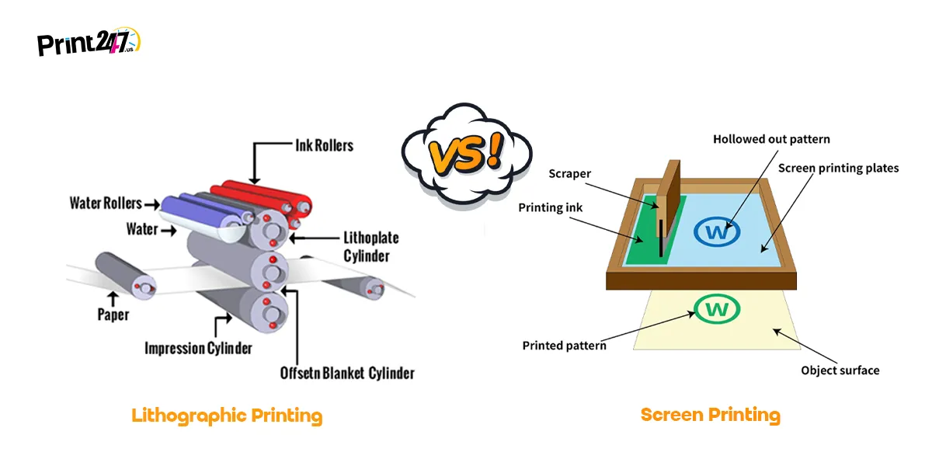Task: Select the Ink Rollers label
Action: [324, 145]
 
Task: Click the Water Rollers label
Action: [106, 203]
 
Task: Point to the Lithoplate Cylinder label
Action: [365, 246]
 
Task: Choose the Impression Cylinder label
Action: [198, 348]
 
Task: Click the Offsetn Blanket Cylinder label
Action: [347, 373]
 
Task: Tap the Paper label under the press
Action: [113, 315]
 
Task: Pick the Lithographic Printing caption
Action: [227, 416]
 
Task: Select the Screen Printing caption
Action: [710, 415]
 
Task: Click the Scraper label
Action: [569, 174]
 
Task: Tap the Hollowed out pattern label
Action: [771, 140]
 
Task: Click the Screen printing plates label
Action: [838, 168]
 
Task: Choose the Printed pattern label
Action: [564, 345]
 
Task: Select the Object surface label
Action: [840, 370]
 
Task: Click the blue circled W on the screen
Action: [717, 231]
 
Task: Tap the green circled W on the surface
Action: [717, 309]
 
